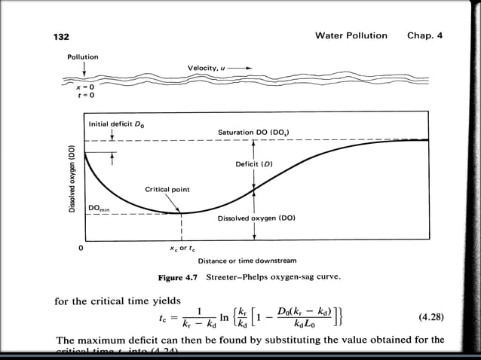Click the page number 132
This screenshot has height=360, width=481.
(61, 36)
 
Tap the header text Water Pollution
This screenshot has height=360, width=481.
(351, 35)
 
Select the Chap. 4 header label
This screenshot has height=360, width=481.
(425, 35)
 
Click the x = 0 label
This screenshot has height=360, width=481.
(74, 87)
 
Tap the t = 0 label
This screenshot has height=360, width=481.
(74, 96)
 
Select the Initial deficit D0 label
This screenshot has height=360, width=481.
(114, 123)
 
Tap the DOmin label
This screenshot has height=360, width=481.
(100, 207)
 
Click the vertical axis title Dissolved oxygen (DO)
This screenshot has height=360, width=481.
(72, 178)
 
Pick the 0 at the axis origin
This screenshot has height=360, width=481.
(80, 247)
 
